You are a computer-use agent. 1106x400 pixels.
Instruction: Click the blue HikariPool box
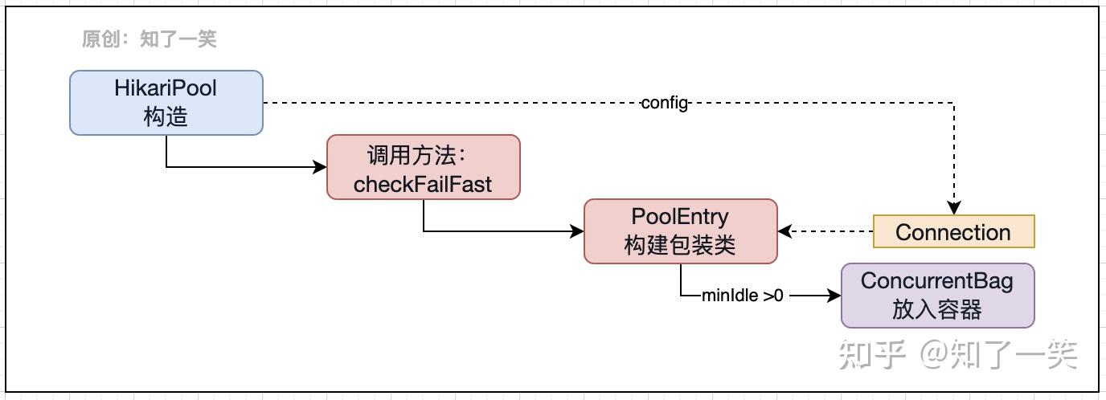(166, 102)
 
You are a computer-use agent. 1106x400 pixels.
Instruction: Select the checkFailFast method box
(423, 167)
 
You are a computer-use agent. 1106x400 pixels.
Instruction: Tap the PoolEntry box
(680, 231)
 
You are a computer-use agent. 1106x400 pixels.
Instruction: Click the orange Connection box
(953, 232)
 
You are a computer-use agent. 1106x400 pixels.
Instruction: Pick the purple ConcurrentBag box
(937, 296)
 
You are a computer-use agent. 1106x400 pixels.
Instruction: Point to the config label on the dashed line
(665, 103)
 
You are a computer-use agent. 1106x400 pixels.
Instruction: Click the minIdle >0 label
(742, 296)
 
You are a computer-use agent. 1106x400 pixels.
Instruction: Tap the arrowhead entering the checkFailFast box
(321, 167)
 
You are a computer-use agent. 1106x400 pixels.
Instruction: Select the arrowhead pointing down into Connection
(954, 208)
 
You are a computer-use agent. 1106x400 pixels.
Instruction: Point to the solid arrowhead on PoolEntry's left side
(577, 231)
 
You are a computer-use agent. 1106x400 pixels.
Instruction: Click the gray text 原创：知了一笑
(150, 39)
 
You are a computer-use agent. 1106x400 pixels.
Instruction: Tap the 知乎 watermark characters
(872, 354)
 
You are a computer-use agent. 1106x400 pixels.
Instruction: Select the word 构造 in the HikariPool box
(166, 116)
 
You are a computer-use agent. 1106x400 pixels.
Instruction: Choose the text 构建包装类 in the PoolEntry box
(680, 245)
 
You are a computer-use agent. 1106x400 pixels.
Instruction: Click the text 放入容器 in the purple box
(937, 309)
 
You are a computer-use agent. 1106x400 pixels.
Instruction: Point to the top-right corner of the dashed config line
(954, 103)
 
